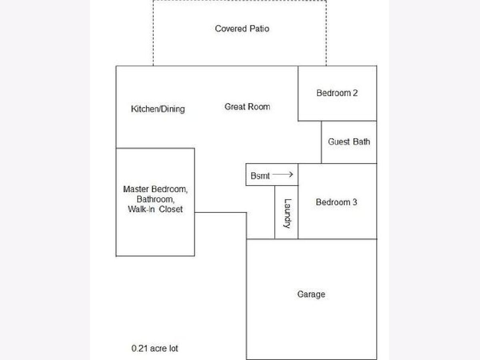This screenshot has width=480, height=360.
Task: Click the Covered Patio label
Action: coord(242,29)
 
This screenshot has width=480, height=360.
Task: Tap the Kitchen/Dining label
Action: coord(158,109)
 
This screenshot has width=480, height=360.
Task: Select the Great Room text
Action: coord(247,107)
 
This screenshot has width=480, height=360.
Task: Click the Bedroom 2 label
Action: coord(337,93)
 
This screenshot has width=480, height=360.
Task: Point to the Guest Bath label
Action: coord(349,142)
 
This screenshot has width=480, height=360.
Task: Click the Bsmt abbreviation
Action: coord(260,176)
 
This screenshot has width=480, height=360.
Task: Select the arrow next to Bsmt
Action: coord(282,174)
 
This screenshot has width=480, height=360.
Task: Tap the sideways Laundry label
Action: coord(287,214)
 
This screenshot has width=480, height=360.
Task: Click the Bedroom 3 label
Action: coord(336,202)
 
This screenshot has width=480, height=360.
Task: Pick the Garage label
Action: coord(311,294)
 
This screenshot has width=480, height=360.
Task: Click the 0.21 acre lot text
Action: coord(155,348)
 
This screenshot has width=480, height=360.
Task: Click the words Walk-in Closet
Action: coord(155,209)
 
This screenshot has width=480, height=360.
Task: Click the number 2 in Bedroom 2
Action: coord(355,93)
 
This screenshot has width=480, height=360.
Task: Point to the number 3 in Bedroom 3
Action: coord(355,202)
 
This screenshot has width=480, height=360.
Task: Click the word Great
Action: coord(234,107)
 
